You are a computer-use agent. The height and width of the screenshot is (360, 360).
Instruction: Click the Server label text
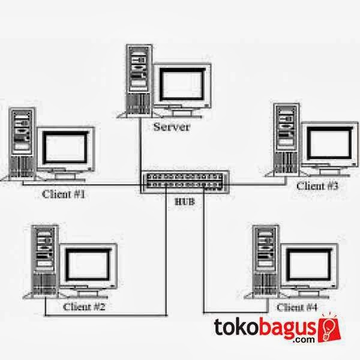click(x=172, y=127)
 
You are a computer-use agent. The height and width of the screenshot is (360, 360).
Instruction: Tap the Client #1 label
click(x=64, y=194)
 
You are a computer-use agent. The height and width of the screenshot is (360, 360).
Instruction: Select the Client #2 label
click(x=84, y=306)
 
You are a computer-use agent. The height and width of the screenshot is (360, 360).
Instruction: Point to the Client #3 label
click(x=317, y=186)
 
